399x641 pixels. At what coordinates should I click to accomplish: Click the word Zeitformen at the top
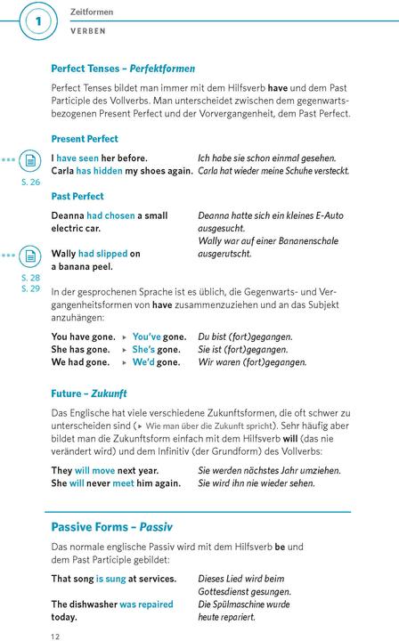[92, 12]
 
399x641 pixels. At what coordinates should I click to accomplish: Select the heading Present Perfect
[85, 140]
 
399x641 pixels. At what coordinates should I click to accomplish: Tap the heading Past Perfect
[77, 196]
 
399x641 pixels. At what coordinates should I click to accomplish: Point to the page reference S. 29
[30, 288]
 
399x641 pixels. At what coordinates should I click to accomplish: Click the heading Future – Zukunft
[89, 393]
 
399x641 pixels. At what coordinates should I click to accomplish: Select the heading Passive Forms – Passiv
[111, 527]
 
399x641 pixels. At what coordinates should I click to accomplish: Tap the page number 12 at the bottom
[55, 635]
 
